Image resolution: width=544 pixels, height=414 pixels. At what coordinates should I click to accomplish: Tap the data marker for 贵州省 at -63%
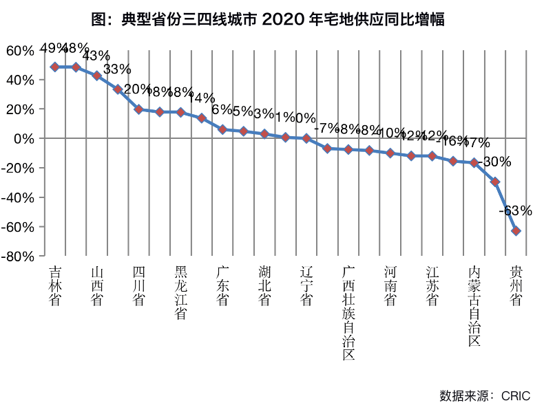tap(516, 231)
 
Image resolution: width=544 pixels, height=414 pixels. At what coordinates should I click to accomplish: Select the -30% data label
tap(496, 162)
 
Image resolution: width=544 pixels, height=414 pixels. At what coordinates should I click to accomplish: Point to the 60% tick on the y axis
tap(19, 51)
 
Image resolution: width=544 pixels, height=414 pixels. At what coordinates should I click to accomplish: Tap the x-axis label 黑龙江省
tap(180, 292)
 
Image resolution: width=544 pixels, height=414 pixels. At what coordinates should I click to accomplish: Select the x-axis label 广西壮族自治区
tap(348, 313)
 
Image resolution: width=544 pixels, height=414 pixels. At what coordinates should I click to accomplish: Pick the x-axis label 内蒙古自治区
tap(473, 306)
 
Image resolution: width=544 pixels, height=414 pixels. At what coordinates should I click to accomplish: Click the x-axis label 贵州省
tap(515, 285)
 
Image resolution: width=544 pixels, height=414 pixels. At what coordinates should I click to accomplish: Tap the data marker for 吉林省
tap(55, 67)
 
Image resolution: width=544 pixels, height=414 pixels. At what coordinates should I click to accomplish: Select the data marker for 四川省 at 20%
tap(138, 109)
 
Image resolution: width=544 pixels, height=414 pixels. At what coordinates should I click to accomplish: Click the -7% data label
tap(326, 129)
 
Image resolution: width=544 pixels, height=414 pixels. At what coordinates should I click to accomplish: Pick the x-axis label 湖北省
tap(264, 285)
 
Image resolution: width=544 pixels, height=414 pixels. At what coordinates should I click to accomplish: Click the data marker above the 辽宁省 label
tap(306, 138)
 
